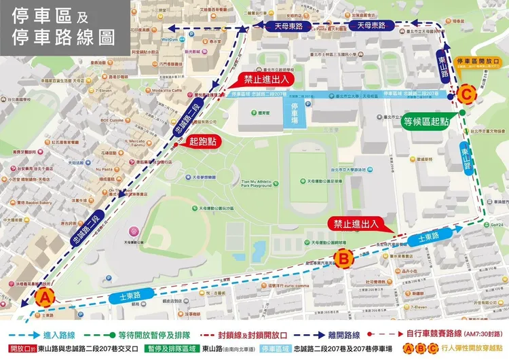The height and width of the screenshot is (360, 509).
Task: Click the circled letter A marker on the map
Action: (45, 296)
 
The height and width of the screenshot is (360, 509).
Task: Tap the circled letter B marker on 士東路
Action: (345, 257)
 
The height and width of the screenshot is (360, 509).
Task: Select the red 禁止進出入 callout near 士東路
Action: (354, 223)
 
